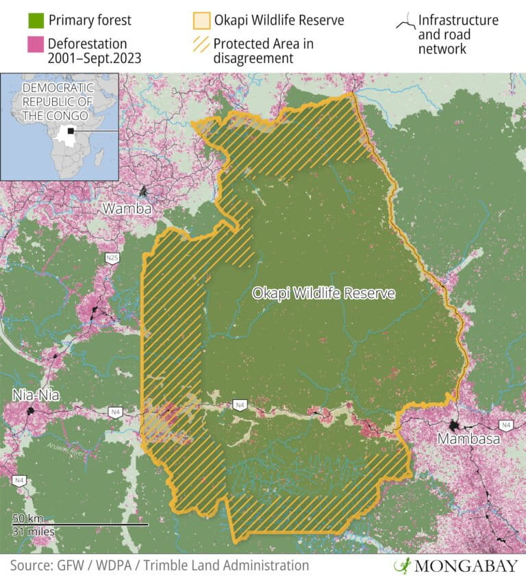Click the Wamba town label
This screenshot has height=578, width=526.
127,208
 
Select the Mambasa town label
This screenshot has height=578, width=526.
469,439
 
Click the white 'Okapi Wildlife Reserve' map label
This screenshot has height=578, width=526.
323,293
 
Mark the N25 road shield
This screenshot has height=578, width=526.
111,257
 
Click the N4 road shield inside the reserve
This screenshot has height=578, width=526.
239,404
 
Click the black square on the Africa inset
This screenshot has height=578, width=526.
70,130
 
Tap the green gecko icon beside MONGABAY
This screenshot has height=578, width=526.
403,566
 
